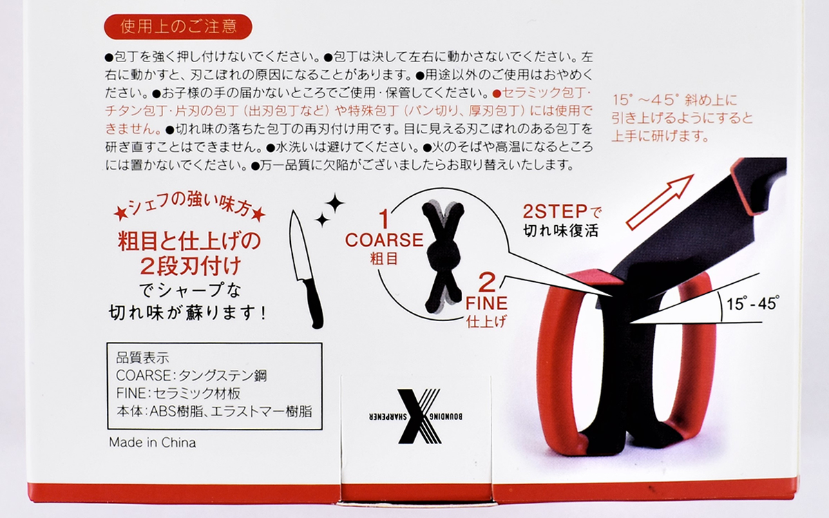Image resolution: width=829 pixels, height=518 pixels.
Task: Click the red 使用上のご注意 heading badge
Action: pyautogui.click(x=178, y=27)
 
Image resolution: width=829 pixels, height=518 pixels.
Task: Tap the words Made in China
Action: pyautogui.click(x=153, y=443)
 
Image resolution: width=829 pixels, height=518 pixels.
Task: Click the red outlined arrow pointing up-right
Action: pyautogui.click(x=659, y=202)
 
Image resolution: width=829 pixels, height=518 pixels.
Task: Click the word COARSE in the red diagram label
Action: pyautogui.click(x=384, y=240)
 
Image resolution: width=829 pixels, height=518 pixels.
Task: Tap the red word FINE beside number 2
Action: pyautogui.click(x=486, y=303)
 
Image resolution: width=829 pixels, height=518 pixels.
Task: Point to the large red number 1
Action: pyautogui.click(x=384, y=219)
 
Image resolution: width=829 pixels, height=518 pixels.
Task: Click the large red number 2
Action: pyautogui.click(x=486, y=282)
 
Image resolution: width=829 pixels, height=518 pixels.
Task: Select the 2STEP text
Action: pyautogui.click(x=555, y=211)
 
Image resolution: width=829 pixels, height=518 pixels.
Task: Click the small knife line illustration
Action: pyautogui.click(x=305, y=269)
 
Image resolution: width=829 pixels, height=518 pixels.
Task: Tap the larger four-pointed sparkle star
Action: pyautogui.click(x=334, y=203)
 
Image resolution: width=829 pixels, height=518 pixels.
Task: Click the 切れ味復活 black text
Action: pyautogui.click(x=561, y=231)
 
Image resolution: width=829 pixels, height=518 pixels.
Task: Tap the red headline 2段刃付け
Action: pyautogui.click(x=191, y=267)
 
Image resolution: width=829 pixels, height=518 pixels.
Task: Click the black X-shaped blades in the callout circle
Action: pyautogui.click(x=444, y=256)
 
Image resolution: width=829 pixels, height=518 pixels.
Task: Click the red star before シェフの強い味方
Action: pyautogui.click(x=121, y=214)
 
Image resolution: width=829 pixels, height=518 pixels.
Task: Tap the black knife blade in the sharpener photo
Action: pyautogui.click(x=696, y=229)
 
